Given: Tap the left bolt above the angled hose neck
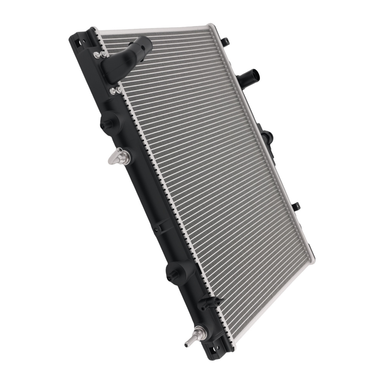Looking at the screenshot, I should (x=96, y=55).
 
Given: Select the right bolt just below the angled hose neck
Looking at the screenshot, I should (x=119, y=90).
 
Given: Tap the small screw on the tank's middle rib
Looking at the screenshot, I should (x=156, y=230).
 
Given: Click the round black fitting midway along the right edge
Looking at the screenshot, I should (x=267, y=137).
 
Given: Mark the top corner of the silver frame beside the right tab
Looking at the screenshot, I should (x=210, y=25).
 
